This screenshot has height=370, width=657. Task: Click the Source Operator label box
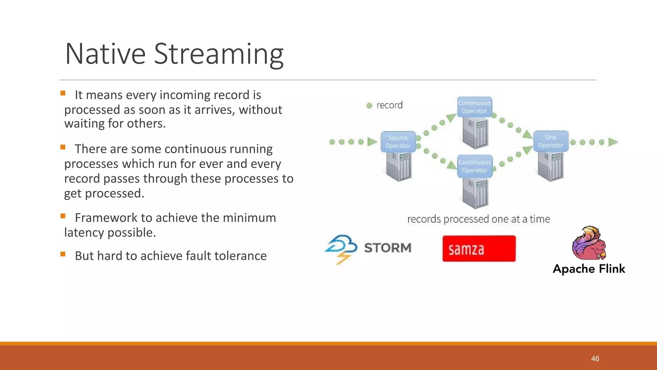[398, 142]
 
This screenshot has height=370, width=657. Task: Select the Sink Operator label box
[550, 141]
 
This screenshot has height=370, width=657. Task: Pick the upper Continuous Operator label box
[474, 107]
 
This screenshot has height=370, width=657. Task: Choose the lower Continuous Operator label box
[474, 166]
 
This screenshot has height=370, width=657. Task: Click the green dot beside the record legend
[369, 105]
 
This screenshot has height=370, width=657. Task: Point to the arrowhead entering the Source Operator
[372, 142]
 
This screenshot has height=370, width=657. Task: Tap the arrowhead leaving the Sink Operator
[613, 142]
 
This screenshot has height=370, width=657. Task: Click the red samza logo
[479, 249]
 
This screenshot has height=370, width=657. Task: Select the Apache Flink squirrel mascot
[589, 243]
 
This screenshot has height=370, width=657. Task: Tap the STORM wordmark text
[388, 248]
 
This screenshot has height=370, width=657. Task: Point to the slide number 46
[595, 359]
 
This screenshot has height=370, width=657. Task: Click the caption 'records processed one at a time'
[479, 219]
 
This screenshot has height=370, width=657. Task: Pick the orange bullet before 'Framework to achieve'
[63, 216]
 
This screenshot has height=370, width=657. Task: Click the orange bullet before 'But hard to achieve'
[63, 254]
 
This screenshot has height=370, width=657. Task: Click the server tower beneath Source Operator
[399, 166]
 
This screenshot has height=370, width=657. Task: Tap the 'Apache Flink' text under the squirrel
[589, 269]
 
